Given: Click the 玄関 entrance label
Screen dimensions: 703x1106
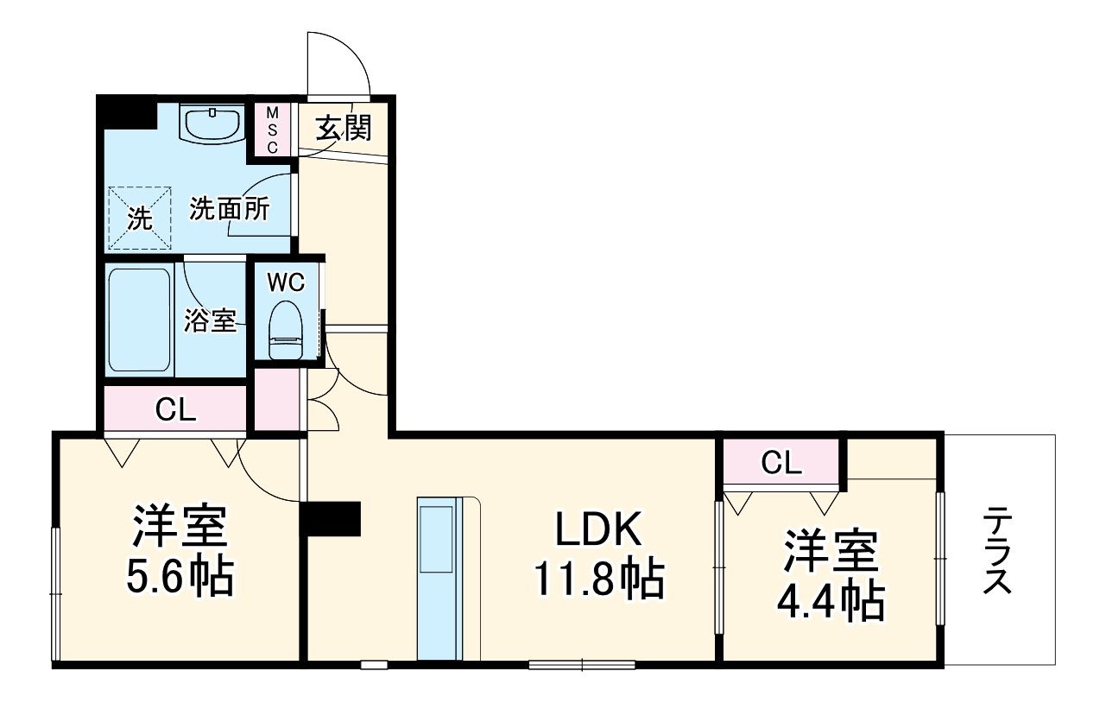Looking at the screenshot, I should pyautogui.click(x=343, y=129).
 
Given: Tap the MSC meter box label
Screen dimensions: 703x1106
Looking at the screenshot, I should pyautogui.click(x=272, y=130).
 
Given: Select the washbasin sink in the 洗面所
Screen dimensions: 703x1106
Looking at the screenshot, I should pyautogui.click(x=212, y=123).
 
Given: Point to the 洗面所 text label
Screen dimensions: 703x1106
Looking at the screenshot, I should pyautogui.click(x=230, y=210).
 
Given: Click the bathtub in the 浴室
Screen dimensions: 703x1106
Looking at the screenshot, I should pyautogui.click(x=139, y=320).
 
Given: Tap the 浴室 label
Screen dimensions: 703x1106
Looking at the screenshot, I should pyautogui.click(x=210, y=321).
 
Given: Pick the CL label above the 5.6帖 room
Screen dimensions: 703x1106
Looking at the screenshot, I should pyautogui.click(x=175, y=411).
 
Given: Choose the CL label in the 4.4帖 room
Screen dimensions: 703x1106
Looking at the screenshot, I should pyautogui.click(x=782, y=464).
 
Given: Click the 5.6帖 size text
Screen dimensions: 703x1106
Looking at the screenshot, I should pyautogui.click(x=180, y=579).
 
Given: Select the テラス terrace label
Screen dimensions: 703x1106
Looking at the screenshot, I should pyautogui.click(x=998, y=551).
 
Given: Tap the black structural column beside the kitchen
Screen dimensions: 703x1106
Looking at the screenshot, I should pyautogui.click(x=331, y=519).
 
